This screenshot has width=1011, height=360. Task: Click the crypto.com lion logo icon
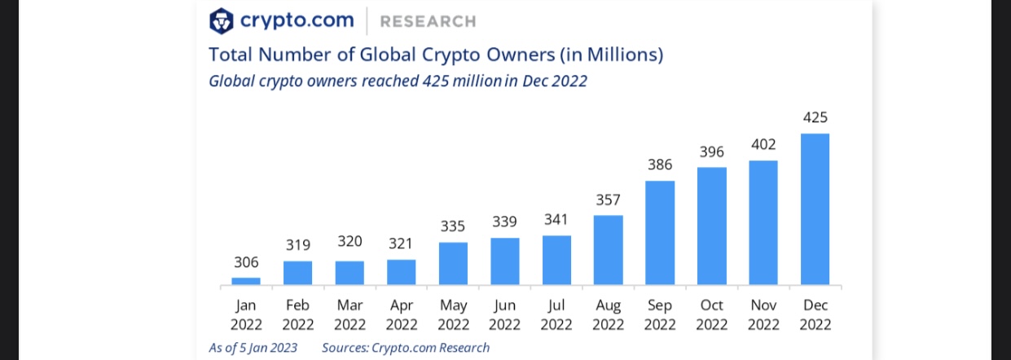pos(221,20)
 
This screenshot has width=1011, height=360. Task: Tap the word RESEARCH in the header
pos(428,21)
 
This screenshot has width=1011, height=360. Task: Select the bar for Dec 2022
pos(815,209)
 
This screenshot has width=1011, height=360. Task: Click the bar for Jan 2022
pos(246,281)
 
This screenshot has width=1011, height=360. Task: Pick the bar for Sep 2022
pos(660,233)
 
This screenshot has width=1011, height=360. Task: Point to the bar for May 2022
pos(453,264)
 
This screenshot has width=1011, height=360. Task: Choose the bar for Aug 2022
pos(609,250)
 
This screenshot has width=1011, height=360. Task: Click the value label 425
pos(815,117)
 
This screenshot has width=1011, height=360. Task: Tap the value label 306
pos(246,261)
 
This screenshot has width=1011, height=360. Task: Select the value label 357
pos(609,200)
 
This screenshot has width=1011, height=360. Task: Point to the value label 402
pos(763,144)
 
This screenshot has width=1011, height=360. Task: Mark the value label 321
pos(401,243)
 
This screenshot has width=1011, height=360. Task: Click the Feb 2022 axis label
pos(298,315)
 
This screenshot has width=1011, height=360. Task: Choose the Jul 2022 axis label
pos(556,315)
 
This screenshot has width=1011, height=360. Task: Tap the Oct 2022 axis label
pos(712,315)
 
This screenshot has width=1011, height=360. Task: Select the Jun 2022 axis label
pos(504,315)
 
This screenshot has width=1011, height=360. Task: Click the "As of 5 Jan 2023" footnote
pos(253,348)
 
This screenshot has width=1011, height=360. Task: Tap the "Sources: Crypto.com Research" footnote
pos(406,348)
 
